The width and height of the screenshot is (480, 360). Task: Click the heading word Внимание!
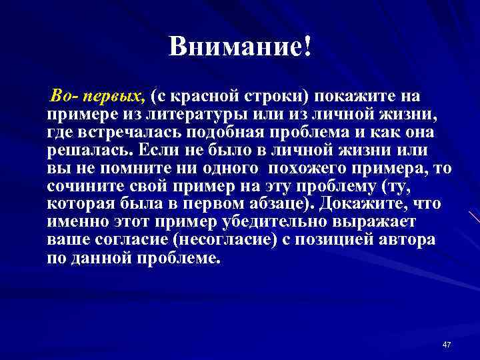click(240, 47)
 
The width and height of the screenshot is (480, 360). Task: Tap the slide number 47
click(447, 344)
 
